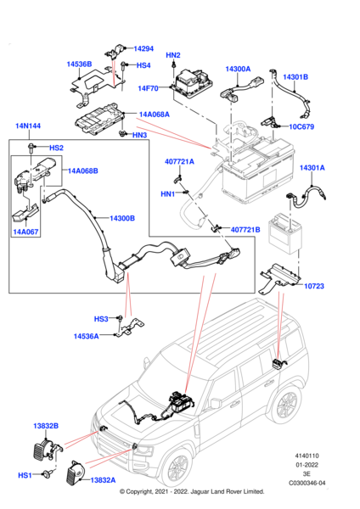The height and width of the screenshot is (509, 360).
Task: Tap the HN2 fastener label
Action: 172,56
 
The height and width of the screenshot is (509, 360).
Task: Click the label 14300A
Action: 237,69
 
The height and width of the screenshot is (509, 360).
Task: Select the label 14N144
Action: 27,126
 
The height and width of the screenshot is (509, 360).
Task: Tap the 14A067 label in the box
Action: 26,231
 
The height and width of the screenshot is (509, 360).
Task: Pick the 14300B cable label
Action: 122,218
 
